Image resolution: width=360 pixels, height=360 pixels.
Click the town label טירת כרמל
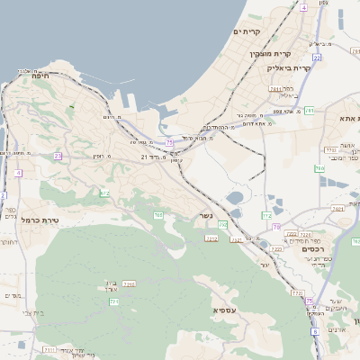(40, 220)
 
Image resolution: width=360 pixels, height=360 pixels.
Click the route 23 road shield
(58, 156)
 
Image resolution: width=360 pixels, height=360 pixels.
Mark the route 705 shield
(158, 215)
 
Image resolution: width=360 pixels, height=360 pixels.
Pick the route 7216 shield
(129, 283)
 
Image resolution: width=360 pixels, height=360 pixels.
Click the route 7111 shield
(49, 348)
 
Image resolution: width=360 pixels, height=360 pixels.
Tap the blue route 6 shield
(316, 333)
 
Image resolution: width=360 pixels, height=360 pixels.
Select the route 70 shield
(277, 227)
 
